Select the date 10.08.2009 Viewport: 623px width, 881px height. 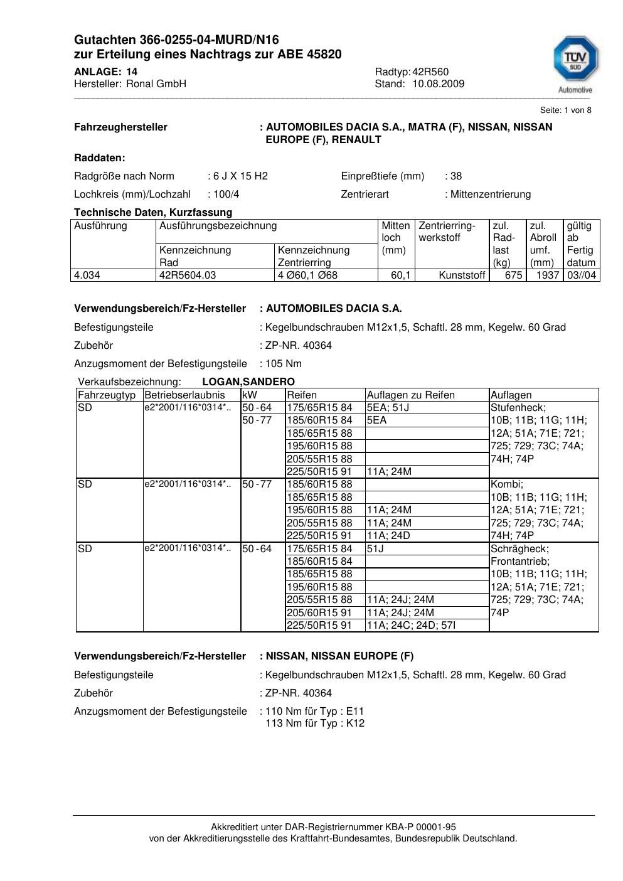[x=439, y=83]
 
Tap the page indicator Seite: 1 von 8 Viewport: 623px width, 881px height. [x=565, y=110]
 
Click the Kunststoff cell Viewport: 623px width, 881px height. [x=462, y=275]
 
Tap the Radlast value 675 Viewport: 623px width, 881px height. [x=514, y=275]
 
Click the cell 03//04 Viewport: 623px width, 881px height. [x=582, y=275]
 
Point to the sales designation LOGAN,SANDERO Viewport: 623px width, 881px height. [x=248, y=382]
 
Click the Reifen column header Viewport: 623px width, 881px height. [x=302, y=395]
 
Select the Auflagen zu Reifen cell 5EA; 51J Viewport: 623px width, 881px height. [x=388, y=407]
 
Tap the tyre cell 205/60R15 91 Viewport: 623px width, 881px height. [x=319, y=612]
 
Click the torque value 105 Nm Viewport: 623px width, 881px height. [x=284, y=363]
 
